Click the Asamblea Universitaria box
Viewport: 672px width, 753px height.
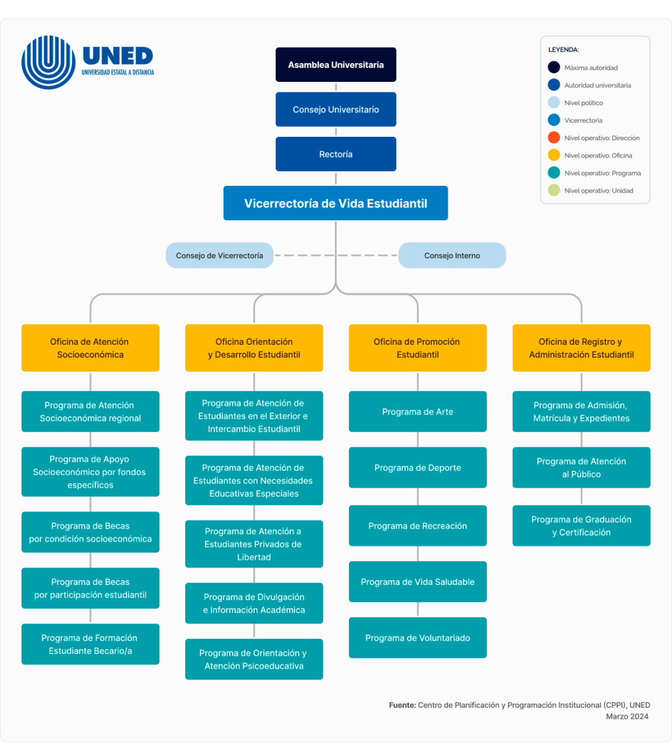(x=335, y=65)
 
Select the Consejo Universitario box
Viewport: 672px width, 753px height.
(x=335, y=109)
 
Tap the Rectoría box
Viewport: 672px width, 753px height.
(x=335, y=154)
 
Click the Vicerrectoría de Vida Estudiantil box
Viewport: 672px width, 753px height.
(x=335, y=204)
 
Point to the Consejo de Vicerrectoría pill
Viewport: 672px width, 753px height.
(x=219, y=255)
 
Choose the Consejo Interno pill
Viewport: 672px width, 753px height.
(x=452, y=255)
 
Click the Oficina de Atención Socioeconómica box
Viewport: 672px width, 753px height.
(x=90, y=348)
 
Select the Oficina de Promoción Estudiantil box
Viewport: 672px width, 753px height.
(x=417, y=348)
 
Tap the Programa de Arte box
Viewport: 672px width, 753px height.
(x=417, y=411)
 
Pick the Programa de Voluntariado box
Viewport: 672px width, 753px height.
(x=417, y=637)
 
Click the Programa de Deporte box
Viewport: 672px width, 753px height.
(x=417, y=468)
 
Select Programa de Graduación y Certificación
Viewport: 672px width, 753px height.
(x=581, y=526)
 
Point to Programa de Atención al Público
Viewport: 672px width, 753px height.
(x=581, y=468)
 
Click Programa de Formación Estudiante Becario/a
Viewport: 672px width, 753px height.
(x=90, y=644)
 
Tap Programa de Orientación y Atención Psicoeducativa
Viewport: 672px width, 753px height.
(x=254, y=659)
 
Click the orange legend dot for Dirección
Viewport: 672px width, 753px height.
(x=554, y=138)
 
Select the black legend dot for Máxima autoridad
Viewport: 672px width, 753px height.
(x=554, y=67)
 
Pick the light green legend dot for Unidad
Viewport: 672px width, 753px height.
(x=554, y=190)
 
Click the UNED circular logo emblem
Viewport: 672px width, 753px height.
(x=48, y=62)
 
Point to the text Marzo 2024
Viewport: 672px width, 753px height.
(x=627, y=716)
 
